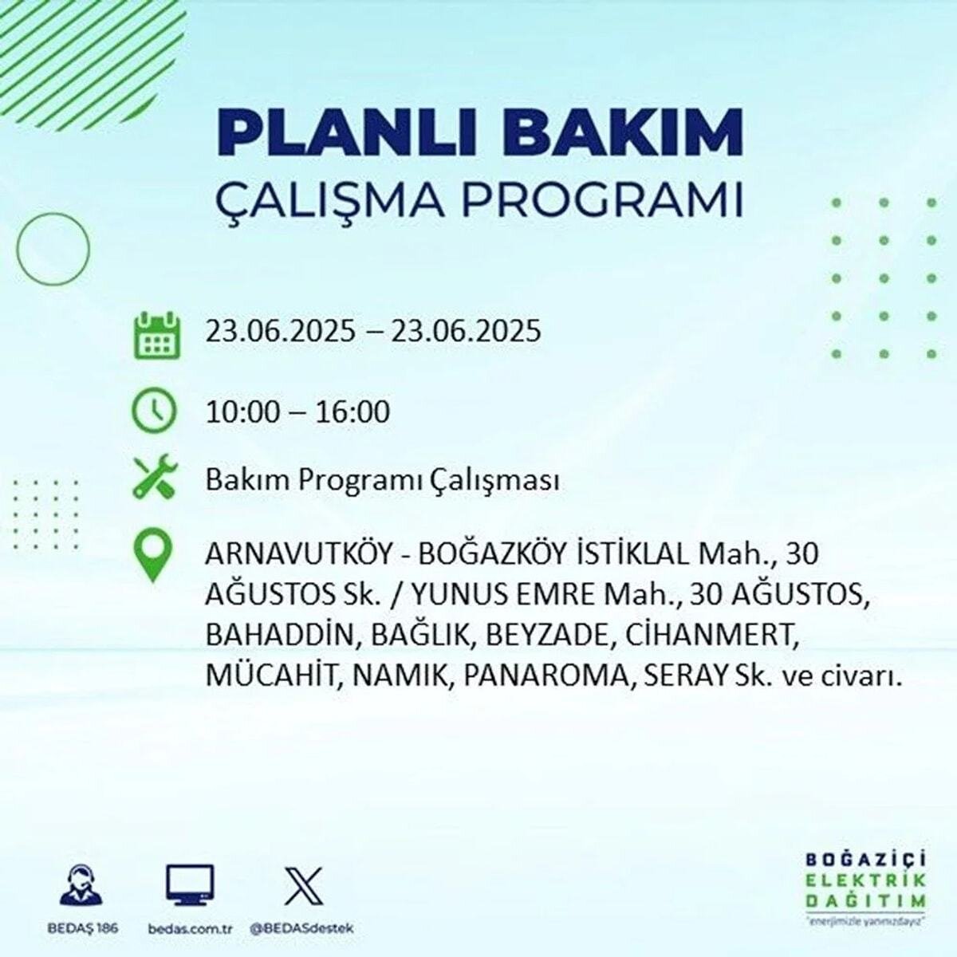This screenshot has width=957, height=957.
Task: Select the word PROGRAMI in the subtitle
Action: point(603,202)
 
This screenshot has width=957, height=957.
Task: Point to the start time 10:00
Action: point(242,412)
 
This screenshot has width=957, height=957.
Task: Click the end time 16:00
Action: point(353,412)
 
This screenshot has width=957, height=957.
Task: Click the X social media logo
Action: point(304,886)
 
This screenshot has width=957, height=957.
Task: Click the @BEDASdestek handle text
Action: point(301,928)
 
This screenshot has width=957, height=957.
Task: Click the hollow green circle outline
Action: point(53,249)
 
